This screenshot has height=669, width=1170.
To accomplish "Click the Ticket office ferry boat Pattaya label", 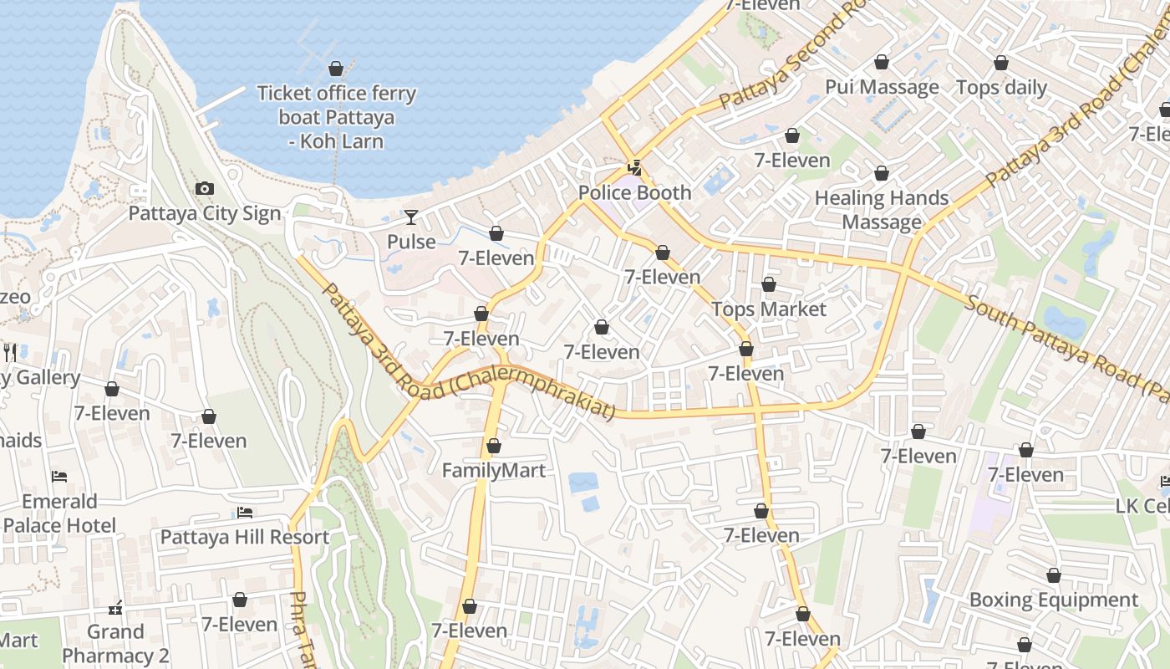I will pos(336,116).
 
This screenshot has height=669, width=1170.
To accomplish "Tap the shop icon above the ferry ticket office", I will pos(336,69).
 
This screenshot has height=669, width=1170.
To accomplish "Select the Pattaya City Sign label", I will pos(205,213).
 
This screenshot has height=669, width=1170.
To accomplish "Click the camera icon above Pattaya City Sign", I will pos(205,189).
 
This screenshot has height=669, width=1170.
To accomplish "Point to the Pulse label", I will pos(411,242).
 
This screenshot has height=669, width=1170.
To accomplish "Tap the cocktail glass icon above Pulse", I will pos(411,217).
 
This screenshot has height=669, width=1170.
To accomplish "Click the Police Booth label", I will pos(635,192).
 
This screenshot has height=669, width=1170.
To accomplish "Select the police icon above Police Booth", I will pos(635,167).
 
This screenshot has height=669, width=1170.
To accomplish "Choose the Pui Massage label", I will pos(882,87).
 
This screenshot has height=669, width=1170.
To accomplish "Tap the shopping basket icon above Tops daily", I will pos(1001,63).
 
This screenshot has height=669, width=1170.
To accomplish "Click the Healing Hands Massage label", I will pos(882,210).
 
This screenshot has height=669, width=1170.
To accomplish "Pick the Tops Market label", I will pos(769,309).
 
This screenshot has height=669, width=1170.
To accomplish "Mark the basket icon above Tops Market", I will pos(769,285).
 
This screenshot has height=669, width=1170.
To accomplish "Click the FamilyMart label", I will pos(494,470).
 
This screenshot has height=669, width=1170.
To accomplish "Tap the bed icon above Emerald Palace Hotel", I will pos(59,477).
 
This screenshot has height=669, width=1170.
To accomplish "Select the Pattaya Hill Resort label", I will pos(245,537).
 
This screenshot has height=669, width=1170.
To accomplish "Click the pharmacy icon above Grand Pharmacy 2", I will pos(116,607).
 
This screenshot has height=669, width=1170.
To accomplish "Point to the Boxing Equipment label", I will pos(1054,600).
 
